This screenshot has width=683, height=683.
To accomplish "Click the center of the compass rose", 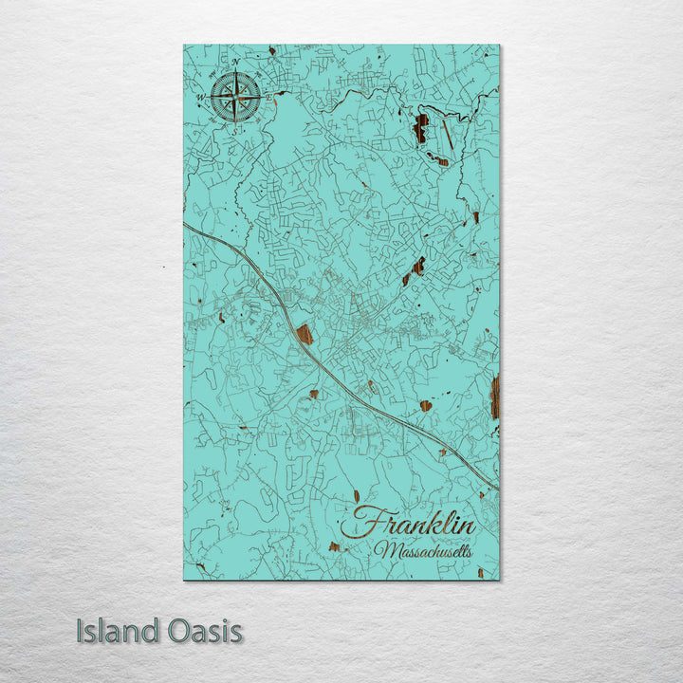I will tap(235, 96).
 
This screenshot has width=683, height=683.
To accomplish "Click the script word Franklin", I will tap(414, 523).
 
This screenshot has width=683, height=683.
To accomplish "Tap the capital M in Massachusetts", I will tap(385, 549).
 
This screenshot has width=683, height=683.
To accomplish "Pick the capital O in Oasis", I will tap(167, 632).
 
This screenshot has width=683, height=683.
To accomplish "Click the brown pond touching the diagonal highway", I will tap(305, 333).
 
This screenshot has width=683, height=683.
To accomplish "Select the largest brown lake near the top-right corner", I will tap(420, 128).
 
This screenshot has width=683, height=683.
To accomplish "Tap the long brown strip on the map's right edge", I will tap(495, 396).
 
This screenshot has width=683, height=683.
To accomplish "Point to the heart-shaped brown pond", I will tap(426, 406).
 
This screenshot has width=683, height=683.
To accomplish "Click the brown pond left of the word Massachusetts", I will tap(334, 546).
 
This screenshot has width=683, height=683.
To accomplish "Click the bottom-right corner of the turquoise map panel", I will tap(499, 579).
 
